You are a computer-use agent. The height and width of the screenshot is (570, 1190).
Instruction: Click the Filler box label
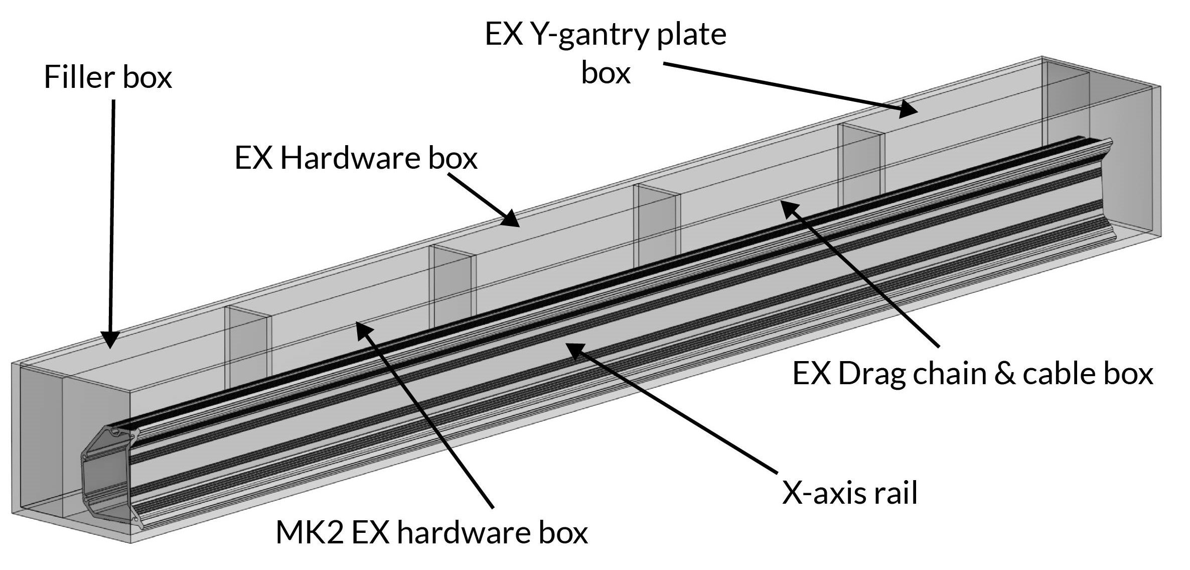(108, 78)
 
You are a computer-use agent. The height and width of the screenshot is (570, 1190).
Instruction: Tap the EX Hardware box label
(356, 159)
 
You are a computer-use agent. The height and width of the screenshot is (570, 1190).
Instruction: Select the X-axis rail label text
(850, 492)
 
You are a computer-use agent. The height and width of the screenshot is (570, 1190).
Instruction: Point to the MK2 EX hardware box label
(431, 533)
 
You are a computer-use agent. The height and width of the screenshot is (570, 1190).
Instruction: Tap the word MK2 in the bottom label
(309, 533)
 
